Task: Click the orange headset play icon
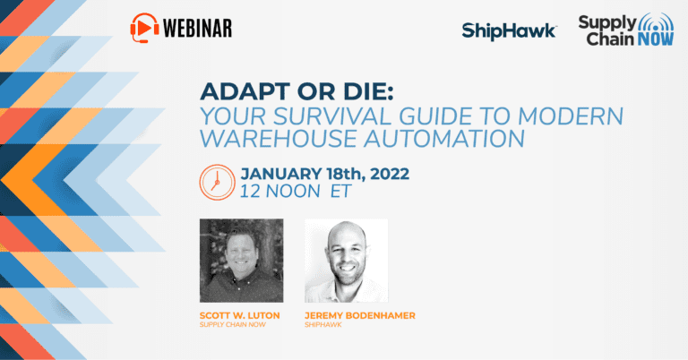point(144,28)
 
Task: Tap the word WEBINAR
point(197,29)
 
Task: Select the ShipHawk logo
point(509,31)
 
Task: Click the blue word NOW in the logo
point(656,39)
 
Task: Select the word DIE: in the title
point(368,91)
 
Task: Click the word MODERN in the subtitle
point(571,116)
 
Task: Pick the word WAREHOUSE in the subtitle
point(279,138)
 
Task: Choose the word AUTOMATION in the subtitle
point(444,138)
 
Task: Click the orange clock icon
point(217,183)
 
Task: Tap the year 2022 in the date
point(390,174)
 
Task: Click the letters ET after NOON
point(341,191)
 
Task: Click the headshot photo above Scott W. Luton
point(241,261)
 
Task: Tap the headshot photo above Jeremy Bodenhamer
point(346,261)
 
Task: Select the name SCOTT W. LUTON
point(239,315)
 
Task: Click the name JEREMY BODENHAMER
point(360,315)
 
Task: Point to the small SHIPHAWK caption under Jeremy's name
point(322,325)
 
